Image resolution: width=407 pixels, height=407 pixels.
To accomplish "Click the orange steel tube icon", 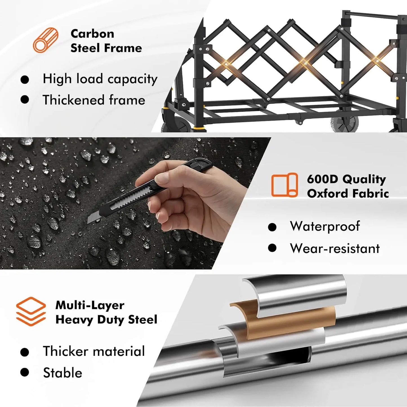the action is tap(45, 40).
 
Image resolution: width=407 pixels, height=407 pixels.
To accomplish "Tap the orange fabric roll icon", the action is tap(284, 185).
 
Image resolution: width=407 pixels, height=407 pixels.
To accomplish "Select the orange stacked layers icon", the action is tap(31, 312).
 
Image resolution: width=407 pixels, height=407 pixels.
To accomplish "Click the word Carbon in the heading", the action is tap(92, 34).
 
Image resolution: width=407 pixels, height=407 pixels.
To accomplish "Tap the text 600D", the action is tap(323, 179).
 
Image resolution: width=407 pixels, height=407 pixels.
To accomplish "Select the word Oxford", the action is tap(328, 194).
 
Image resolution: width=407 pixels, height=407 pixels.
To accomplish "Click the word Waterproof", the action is tap(325, 226).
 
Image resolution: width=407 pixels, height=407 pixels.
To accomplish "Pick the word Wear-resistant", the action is tap(335, 248).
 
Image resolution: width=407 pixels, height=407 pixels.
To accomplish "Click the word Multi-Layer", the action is tap(90, 305).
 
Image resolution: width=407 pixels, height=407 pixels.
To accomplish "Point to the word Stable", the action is tap(63, 373).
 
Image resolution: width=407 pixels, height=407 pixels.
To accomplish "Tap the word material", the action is tap(119, 351).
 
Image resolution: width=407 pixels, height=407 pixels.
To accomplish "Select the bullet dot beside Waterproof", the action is tap(272, 227).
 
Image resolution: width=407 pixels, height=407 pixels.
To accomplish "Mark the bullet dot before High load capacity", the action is tap(25, 80).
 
